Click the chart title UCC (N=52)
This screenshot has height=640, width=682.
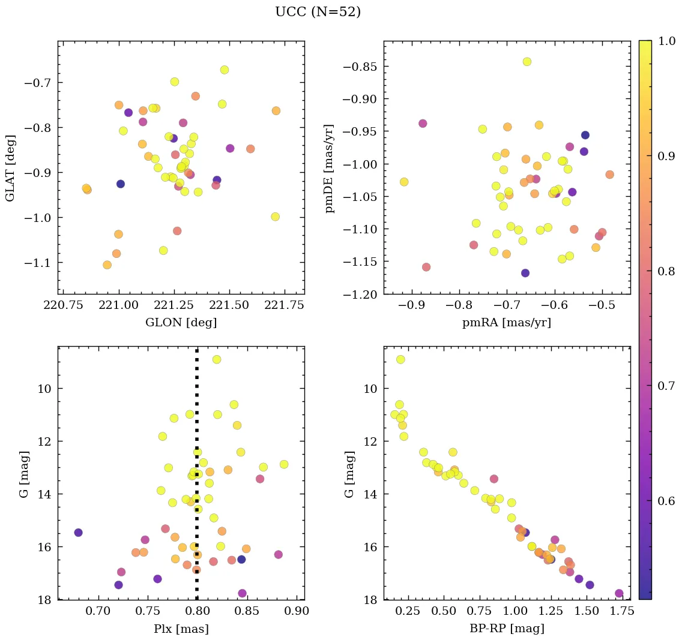pyautogui.click(x=318, y=12)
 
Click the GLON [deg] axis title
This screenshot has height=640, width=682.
pyautogui.click(x=181, y=323)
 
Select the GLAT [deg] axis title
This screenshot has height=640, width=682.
pyautogui.click(x=11, y=167)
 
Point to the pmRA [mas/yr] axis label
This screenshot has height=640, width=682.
pyautogui.click(x=507, y=323)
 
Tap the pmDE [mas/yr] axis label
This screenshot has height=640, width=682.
pyautogui.click(x=330, y=167)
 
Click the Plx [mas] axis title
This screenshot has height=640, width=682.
pyautogui.click(x=181, y=629)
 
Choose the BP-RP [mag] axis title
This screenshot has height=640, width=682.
pyautogui.click(x=507, y=629)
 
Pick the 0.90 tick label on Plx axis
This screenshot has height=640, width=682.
pyautogui.click(x=296, y=612)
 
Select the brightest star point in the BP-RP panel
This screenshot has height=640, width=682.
pyautogui.click(x=400, y=360)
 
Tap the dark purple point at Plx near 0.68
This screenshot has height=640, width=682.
pyautogui.click(x=78, y=533)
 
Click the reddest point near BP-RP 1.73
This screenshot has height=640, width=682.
pyautogui.click(x=619, y=594)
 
